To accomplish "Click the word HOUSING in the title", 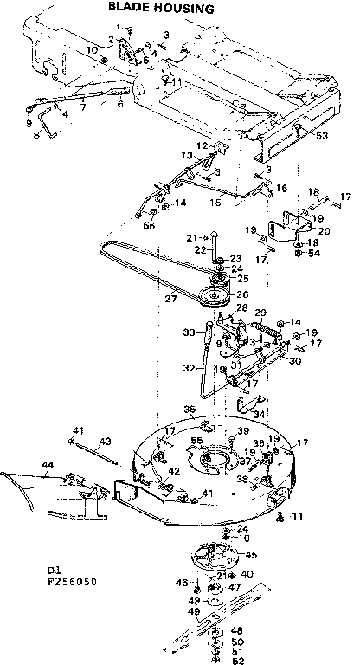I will (185, 9).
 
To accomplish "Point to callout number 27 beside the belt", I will (170, 300).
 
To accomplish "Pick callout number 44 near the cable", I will (46, 465).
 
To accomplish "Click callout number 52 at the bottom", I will (238, 661).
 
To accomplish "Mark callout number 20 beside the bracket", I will (324, 230).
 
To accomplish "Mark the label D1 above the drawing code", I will (55, 571).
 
